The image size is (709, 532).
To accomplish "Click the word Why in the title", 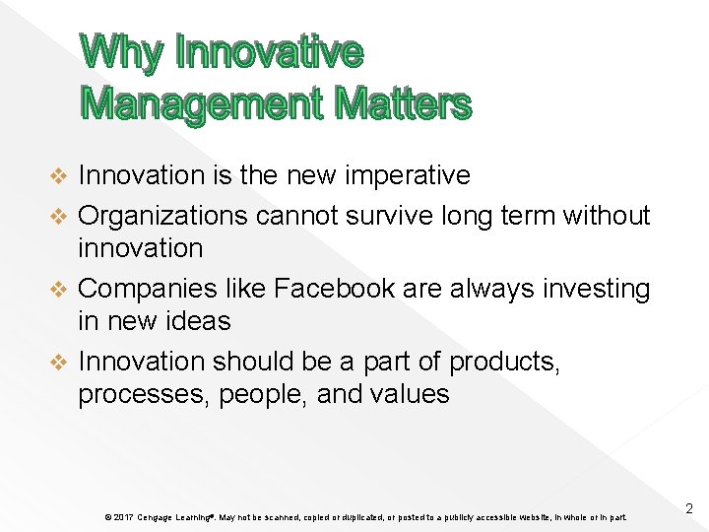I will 121,52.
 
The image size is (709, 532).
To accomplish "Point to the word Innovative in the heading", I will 269,52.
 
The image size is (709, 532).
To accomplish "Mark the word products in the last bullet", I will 504,362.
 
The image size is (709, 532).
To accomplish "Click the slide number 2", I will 688,509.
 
